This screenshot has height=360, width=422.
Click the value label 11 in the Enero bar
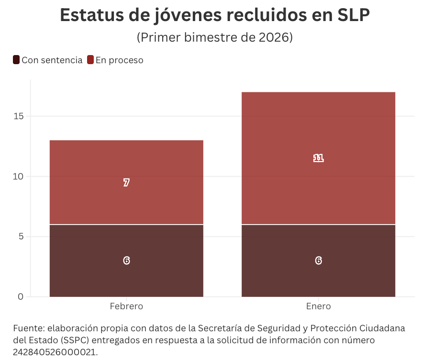(318, 158)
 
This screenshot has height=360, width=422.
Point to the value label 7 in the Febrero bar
(126, 182)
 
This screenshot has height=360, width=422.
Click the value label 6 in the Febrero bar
(126, 260)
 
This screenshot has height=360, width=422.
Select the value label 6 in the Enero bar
(318, 260)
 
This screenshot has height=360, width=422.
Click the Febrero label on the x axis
(126, 306)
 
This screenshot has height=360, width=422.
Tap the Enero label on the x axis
(318, 306)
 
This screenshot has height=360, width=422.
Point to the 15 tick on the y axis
(18, 116)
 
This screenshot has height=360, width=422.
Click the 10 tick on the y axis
(18, 177)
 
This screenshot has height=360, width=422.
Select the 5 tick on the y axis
(21, 236)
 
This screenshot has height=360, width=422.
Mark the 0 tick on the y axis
(21, 297)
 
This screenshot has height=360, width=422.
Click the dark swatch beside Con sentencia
(16, 60)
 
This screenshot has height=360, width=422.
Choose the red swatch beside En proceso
(90, 60)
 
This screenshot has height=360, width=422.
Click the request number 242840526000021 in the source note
(55, 352)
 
